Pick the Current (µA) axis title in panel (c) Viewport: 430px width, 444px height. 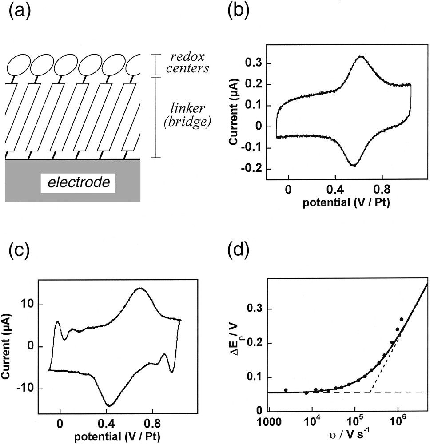pyautogui.click(x=8, y=347)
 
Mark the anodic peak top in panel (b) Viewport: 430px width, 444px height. pyautogui.click(x=361, y=56)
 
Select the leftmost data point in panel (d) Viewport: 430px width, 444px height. pyautogui.click(x=286, y=390)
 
